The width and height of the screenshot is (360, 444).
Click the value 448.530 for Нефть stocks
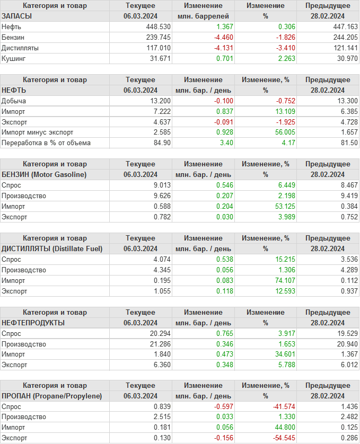158,26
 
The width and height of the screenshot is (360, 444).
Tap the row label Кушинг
14,58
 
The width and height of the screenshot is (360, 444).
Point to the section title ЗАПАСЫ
17,16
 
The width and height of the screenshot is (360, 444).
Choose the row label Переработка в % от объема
46,143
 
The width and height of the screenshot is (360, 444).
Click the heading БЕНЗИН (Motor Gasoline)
44,174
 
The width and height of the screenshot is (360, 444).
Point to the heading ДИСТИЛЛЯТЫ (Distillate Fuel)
52,248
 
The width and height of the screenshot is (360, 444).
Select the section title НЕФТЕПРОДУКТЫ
33,323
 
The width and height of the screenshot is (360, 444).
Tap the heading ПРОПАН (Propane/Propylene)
52,396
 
